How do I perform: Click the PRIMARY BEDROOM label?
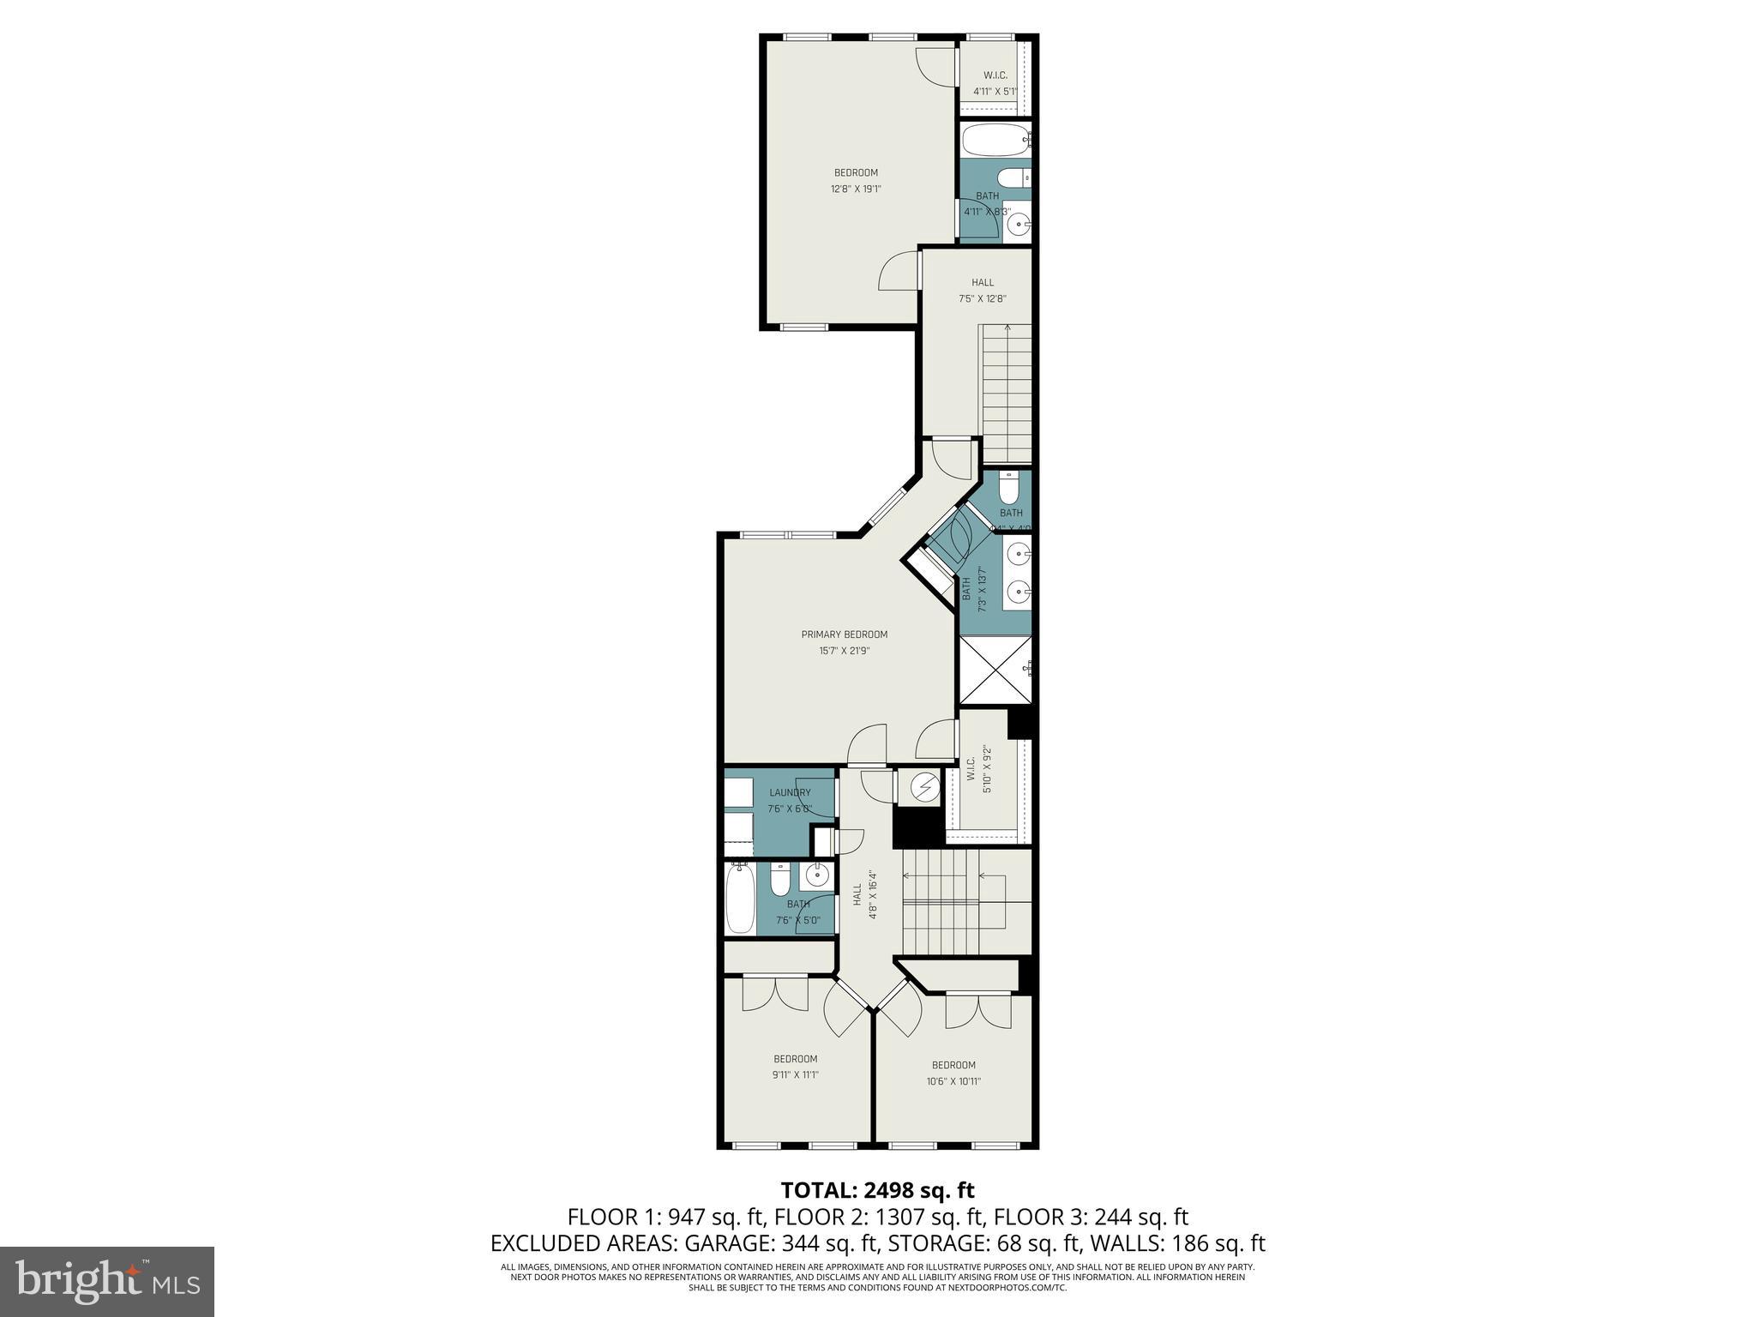pos(844,634)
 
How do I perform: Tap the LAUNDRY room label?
pos(789,792)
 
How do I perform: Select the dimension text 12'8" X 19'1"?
pos(855,189)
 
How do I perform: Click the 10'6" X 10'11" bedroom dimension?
pos(953,1081)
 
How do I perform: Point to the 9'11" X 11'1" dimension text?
pos(795,1075)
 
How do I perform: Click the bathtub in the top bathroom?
pos(994,139)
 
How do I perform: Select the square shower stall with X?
pos(995,671)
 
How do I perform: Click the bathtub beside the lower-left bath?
pos(738,899)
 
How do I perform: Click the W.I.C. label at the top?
pos(995,75)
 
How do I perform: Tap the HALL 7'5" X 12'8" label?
pos(982,291)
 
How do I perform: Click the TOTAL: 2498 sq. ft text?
pos(876,1190)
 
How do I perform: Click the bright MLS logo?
pos(106,1281)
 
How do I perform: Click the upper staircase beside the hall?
pos(1006,393)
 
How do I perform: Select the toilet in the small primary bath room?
pos(1008,487)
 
